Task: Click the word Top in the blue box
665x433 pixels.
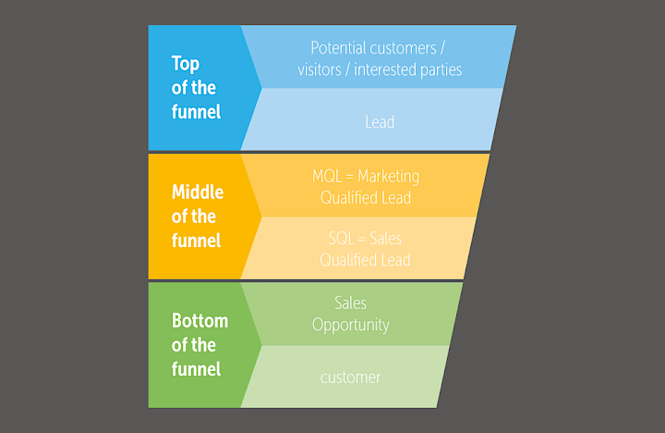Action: pyautogui.click(x=186, y=64)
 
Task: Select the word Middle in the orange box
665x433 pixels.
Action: pyautogui.click(x=197, y=192)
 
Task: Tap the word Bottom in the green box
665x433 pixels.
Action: pyautogui.click(x=199, y=321)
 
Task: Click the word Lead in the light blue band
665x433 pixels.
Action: pyautogui.click(x=380, y=122)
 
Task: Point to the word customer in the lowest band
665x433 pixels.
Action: pyautogui.click(x=350, y=377)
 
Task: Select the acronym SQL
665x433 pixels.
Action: pyautogui.click(x=342, y=239)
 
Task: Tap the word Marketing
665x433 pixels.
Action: pyautogui.click(x=389, y=176)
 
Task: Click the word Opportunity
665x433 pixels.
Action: pyautogui.click(x=350, y=325)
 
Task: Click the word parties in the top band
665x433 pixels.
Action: pyautogui.click(x=439, y=69)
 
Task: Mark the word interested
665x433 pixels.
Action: pyautogui.click(x=388, y=69)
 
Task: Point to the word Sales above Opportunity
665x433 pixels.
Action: pyautogui.click(x=350, y=303)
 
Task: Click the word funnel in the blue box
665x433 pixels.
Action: pyautogui.click(x=196, y=112)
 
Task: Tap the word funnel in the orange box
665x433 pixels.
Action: pyautogui.click(x=196, y=241)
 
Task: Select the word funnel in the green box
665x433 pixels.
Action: pyautogui.click(x=196, y=369)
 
